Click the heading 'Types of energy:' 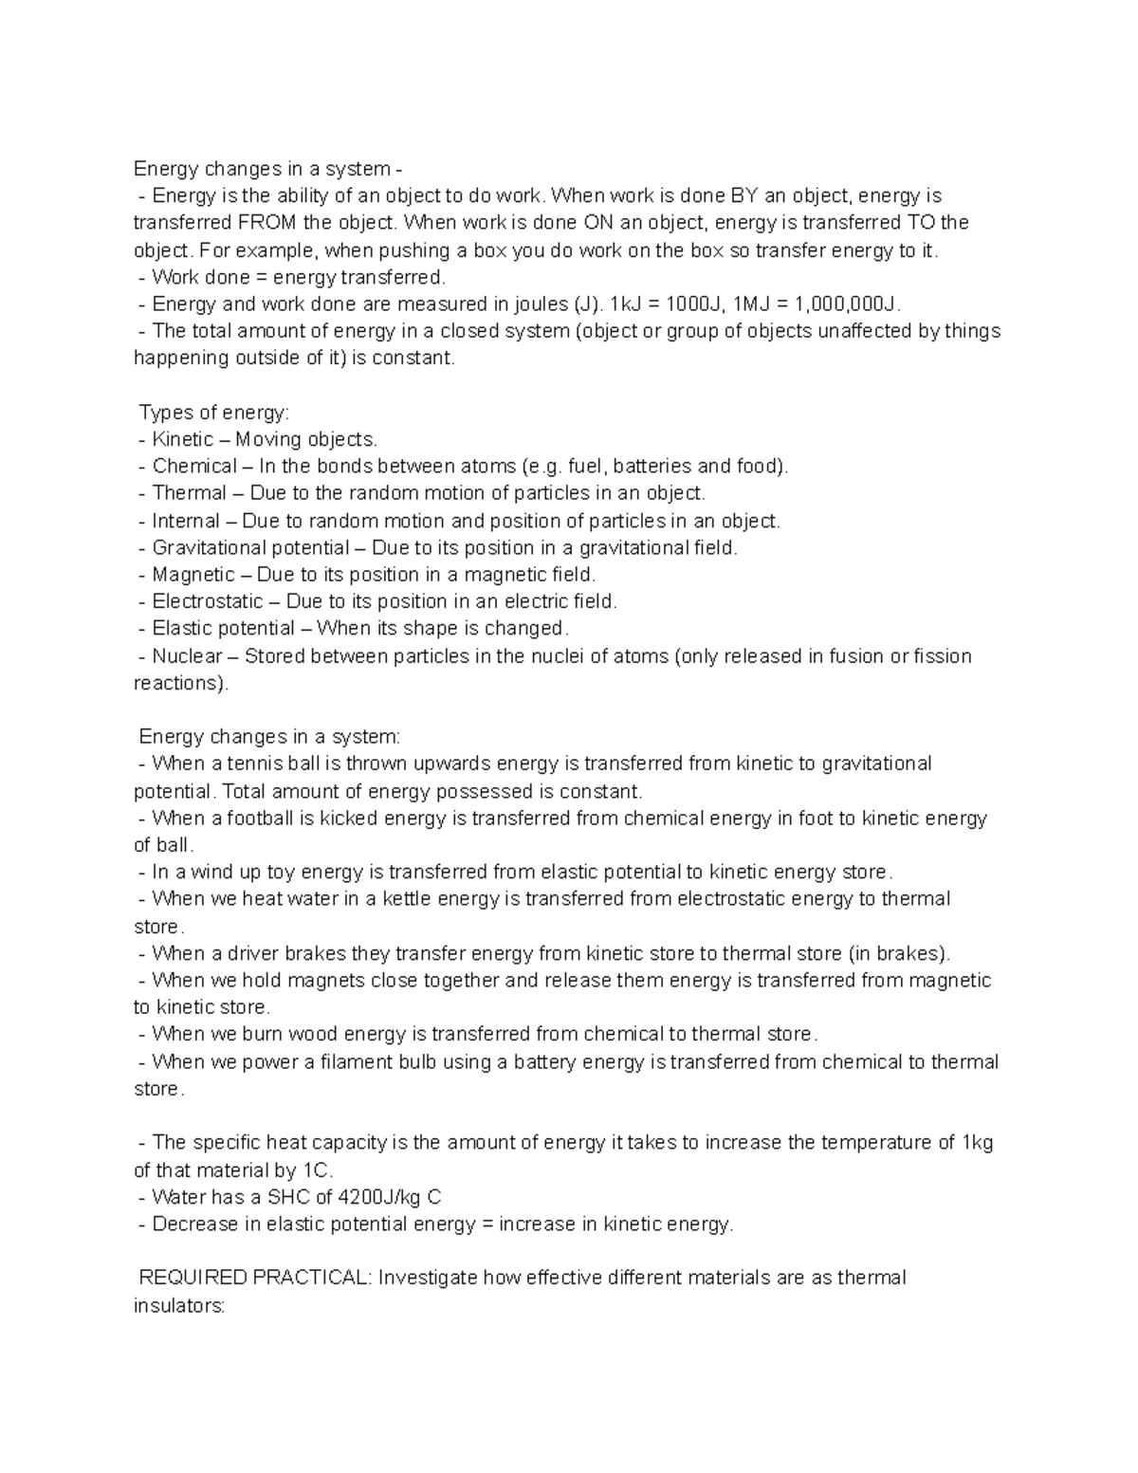(214, 413)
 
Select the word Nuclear (187, 656)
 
